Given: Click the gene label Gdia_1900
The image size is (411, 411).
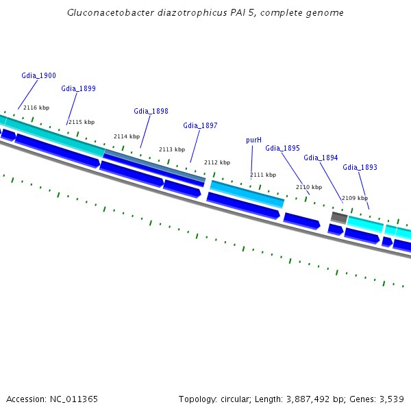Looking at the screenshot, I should click(x=38, y=75).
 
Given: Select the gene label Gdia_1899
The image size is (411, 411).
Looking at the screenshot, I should click(x=78, y=88).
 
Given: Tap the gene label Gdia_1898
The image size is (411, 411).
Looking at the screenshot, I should click(x=151, y=111).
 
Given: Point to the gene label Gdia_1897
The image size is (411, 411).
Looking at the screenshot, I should click(x=200, y=125).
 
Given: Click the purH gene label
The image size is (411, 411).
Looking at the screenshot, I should click(x=253, y=140).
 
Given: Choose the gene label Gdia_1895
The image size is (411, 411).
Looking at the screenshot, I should click(x=282, y=148).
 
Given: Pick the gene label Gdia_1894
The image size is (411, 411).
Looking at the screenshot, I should click(x=321, y=158).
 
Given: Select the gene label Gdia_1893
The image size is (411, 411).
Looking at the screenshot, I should click(x=360, y=167).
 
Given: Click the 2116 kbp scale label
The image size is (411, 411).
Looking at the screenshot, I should click(x=36, y=108).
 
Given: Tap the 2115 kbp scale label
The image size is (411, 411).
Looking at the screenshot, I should click(x=82, y=122).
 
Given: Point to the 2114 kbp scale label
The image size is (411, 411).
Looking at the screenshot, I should click(x=127, y=136).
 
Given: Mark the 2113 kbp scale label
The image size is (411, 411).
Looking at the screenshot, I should click(x=172, y=149).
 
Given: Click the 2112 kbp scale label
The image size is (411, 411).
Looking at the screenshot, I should click(x=217, y=162).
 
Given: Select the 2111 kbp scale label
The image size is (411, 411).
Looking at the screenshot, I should click(x=262, y=175).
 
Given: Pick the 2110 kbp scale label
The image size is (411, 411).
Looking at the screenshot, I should click(x=308, y=187).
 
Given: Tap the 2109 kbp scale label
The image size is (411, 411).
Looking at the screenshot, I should click(x=354, y=198).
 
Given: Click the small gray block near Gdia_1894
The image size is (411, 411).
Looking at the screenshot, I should click(x=338, y=217).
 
